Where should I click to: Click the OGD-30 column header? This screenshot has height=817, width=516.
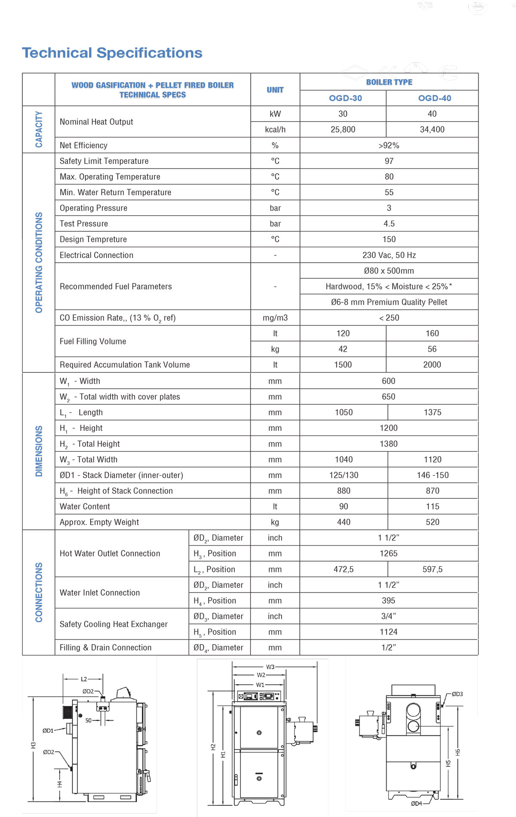[x=345, y=98]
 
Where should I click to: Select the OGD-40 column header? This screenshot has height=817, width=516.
[x=434, y=98]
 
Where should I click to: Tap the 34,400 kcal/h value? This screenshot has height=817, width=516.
[x=432, y=129]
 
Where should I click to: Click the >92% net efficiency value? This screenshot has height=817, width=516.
[x=389, y=145]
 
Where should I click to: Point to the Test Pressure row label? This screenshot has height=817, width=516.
[x=84, y=224]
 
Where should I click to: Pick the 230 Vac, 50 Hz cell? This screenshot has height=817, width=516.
[x=389, y=255]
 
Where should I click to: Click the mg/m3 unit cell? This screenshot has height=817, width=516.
[x=275, y=318]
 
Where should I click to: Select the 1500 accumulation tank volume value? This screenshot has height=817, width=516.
[x=343, y=365]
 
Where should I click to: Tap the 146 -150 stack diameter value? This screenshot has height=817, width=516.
[x=433, y=475]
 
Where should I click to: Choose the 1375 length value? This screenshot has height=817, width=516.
[x=433, y=412]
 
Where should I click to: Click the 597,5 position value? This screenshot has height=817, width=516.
[x=433, y=569]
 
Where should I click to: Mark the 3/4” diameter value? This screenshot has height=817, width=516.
[x=389, y=616]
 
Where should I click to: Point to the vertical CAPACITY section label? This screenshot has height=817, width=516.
[x=39, y=129]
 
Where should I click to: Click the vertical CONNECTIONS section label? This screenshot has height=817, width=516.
[x=39, y=592]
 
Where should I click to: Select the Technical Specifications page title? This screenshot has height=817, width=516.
[x=112, y=53]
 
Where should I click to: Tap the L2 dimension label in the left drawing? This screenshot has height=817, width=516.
[x=84, y=679]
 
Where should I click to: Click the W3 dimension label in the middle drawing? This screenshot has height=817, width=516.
[x=270, y=667]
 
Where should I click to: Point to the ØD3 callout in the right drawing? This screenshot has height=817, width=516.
[x=457, y=694]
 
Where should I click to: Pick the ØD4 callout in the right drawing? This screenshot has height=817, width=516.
[x=416, y=803]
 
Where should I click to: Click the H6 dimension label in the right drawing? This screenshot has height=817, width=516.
[x=458, y=752]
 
